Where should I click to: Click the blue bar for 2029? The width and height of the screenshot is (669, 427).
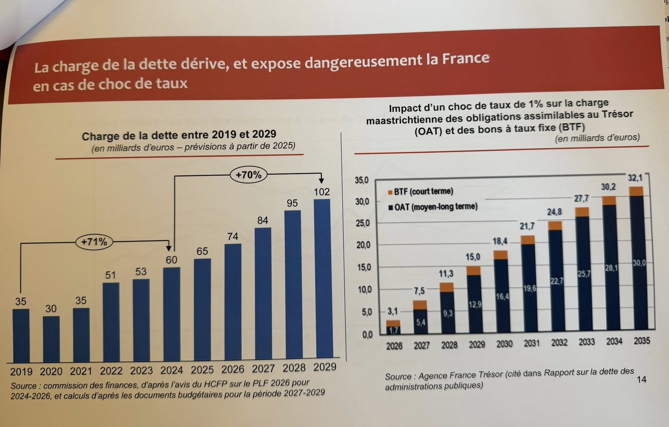(x=322, y=278)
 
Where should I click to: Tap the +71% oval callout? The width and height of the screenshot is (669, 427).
(x=94, y=242)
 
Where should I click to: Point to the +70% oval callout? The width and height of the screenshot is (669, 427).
(x=249, y=175)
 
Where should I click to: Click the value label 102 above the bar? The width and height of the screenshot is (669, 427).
(x=322, y=192)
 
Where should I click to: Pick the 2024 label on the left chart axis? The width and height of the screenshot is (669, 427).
(x=172, y=370)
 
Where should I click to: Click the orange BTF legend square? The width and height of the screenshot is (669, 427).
(x=390, y=192)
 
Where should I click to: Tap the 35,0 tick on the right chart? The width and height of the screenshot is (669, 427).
(x=362, y=180)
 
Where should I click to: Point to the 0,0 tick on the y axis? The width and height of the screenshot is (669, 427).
(x=367, y=335)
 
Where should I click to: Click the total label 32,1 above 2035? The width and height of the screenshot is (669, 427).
(x=635, y=178)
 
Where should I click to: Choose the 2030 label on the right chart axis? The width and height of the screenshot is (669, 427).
(x=504, y=344)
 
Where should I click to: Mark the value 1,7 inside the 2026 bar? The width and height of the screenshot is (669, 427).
(x=394, y=330)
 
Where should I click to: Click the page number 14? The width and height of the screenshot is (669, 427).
(x=642, y=379)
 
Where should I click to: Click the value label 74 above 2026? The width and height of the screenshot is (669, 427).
(x=233, y=236)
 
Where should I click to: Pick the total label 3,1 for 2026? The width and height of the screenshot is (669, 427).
(x=392, y=311)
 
